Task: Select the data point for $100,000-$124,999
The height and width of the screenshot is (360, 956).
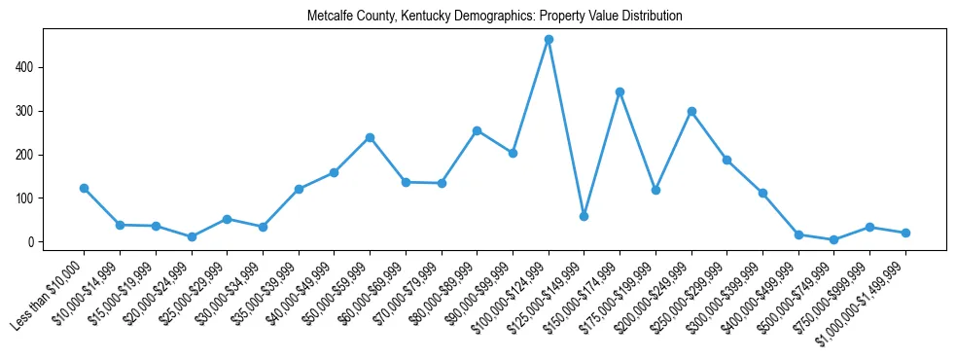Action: pyautogui.click(x=549, y=40)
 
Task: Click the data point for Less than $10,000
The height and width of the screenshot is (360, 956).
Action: pyautogui.click(x=84, y=188)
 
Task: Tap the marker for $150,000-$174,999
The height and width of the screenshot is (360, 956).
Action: pyautogui.click(x=620, y=92)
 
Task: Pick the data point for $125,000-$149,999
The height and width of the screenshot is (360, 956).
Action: pyautogui.click(x=584, y=216)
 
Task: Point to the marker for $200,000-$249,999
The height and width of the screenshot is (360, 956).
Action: pyautogui.click(x=691, y=112)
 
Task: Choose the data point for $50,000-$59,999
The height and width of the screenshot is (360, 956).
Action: pyautogui.click(x=370, y=138)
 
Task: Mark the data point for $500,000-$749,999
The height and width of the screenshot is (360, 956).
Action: pyautogui.click(x=833, y=239)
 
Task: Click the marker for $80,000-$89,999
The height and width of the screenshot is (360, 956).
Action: pyautogui.click(x=477, y=130)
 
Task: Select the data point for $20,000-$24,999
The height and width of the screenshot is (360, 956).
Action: pyautogui.click(x=192, y=236)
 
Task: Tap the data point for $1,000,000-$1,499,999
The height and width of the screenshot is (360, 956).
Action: pyautogui.click(x=905, y=233)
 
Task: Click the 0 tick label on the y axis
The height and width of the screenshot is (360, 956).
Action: pyautogui.click(x=33, y=242)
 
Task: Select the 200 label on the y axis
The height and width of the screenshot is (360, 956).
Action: pyautogui.click(x=27, y=155)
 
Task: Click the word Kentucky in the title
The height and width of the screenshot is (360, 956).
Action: pyautogui.click(x=439, y=17)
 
